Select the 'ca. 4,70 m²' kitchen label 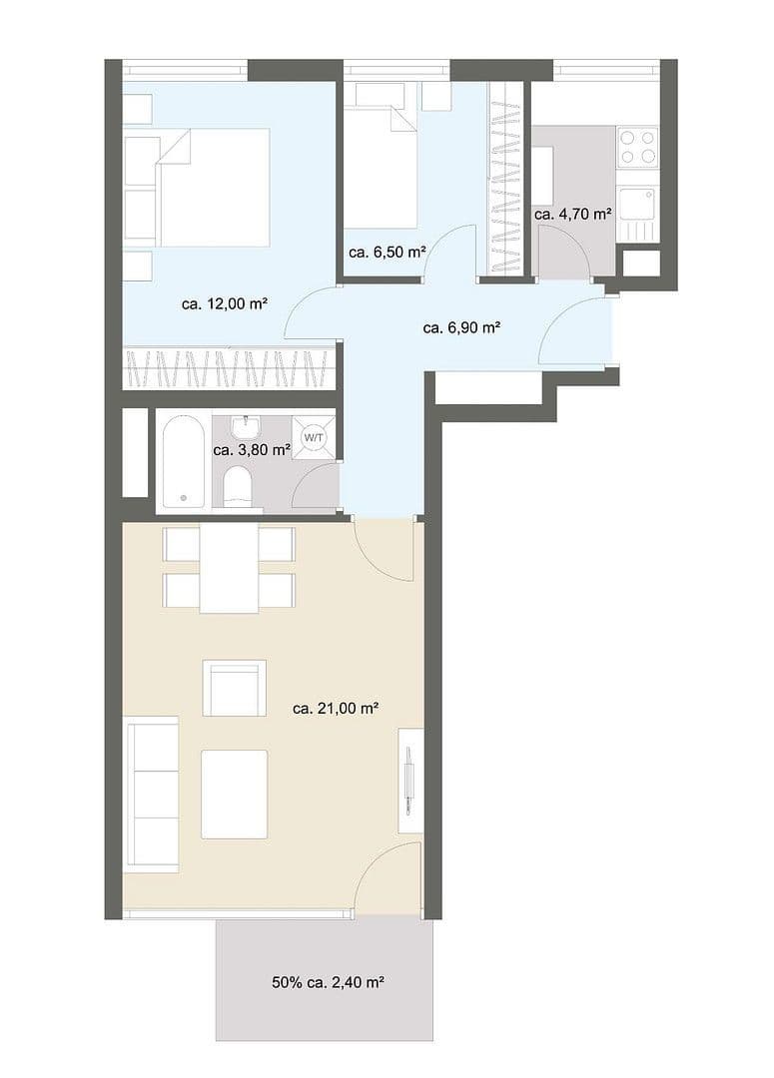[x=572, y=214]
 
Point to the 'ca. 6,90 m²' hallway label [x=461, y=326]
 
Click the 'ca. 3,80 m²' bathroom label [x=252, y=449]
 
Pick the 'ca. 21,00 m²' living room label [x=335, y=709]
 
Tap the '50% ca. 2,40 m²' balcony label [x=328, y=982]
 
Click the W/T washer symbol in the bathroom [x=315, y=437]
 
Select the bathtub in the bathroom [x=183, y=461]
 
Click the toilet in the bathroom [x=238, y=488]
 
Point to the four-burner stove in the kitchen [x=637, y=147]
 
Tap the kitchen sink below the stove [x=636, y=205]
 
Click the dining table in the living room [x=229, y=569]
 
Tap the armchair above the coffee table [x=234, y=688]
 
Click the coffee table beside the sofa [x=234, y=794]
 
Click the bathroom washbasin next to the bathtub [x=245, y=428]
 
